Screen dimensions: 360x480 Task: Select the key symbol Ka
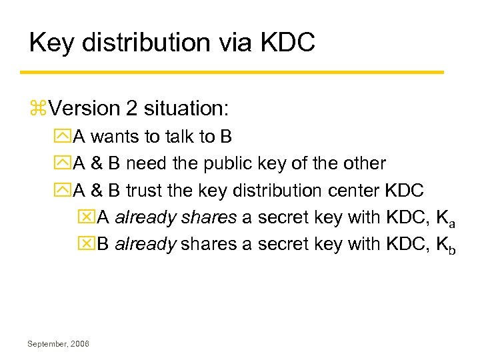[444, 219]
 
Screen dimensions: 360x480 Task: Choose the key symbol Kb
[445, 245]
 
